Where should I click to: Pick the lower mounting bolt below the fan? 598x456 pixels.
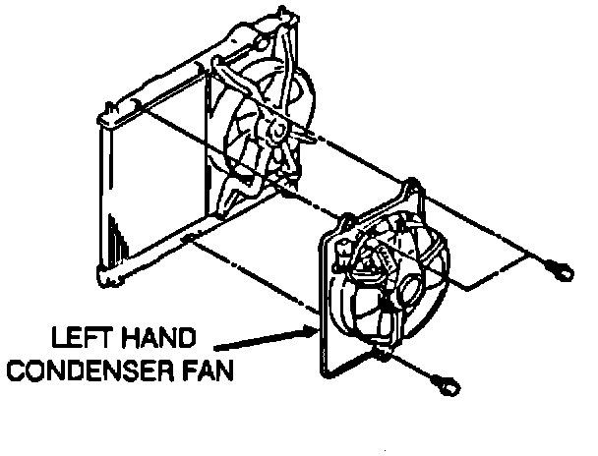tap(448, 381)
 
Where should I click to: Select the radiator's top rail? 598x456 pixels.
tap(187, 69)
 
